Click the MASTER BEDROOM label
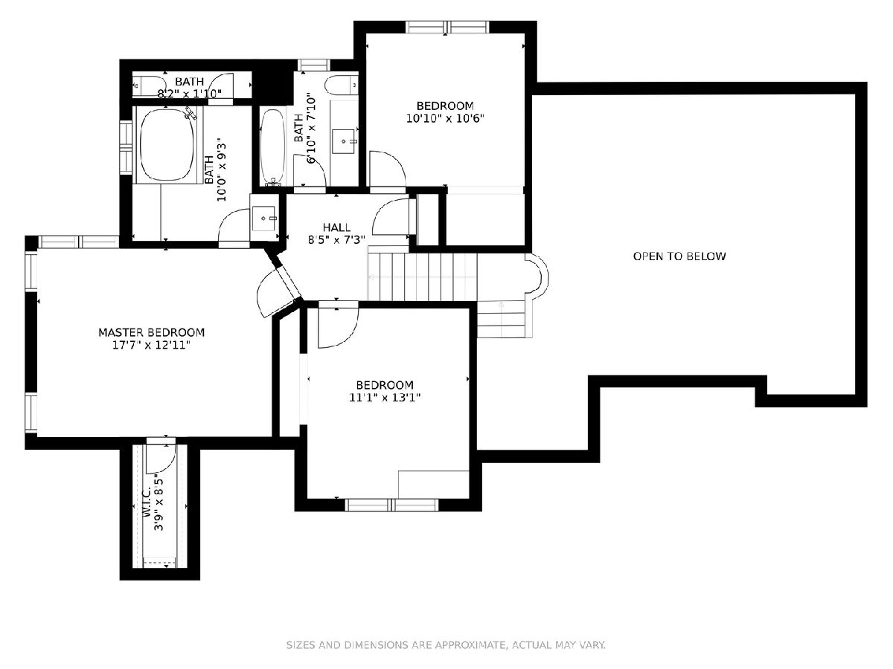pyautogui.click(x=151, y=332)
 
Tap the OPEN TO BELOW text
pyautogui.click(x=679, y=256)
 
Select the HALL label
pyautogui.click(x=336, y=227)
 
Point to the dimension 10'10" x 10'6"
pyautogui.click(x=445, y=119)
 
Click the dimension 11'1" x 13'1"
pyautogui.click(x=385, y=397)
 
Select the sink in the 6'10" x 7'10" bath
pyautogui.click(x=344, y=141)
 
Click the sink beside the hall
pyautogui.click(x=264, y=219)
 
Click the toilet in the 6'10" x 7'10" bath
pyautogui.click(x=341, y=85)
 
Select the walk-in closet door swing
pyautogui.click(x=161, y=458)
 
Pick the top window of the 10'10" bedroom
pyautogui.click(x=447, y=28)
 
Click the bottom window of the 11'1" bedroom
pyautogui.click(x=391, y=505)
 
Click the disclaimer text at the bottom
pyautogui.click(x=446, y=644)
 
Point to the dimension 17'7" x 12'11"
pyautogui.click(x=151, y=345)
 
